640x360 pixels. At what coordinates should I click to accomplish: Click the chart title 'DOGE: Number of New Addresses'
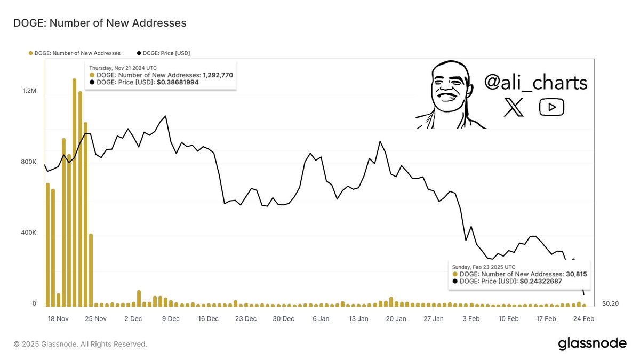(x=100, y=23)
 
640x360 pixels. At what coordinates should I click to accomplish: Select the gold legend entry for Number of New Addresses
(x=75, y=53)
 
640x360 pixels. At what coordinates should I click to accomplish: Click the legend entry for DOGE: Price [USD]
(x=164, y=53)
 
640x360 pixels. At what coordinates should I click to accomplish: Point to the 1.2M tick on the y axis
(x=29, y=91)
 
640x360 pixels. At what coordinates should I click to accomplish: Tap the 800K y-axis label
(x=28, y=162)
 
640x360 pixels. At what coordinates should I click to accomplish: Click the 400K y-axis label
(x=28, y=233)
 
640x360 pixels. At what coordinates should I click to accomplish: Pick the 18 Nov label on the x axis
(x=58, y=319)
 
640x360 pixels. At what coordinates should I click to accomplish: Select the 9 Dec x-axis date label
(x=171, y=319)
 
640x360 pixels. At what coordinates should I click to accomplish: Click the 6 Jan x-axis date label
(x=321, y=319)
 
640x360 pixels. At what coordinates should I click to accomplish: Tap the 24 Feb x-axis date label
(x=584, y=319)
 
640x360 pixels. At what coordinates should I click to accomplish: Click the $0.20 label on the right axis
(x=610, y=303)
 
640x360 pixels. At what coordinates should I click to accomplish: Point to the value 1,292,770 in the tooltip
(x=218, y=75)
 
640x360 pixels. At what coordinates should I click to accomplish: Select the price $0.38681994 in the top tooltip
(x=178, y=83)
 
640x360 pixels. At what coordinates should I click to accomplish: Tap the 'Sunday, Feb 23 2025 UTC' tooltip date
(x=483, y=267)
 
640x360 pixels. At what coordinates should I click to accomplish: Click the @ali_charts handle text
(x=535, y=83)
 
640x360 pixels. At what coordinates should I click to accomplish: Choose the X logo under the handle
(x=514, y=108)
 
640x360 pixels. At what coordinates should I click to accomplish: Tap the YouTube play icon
(x=551, y=108)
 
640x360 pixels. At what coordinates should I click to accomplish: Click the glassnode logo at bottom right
(x=592, y=344)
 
